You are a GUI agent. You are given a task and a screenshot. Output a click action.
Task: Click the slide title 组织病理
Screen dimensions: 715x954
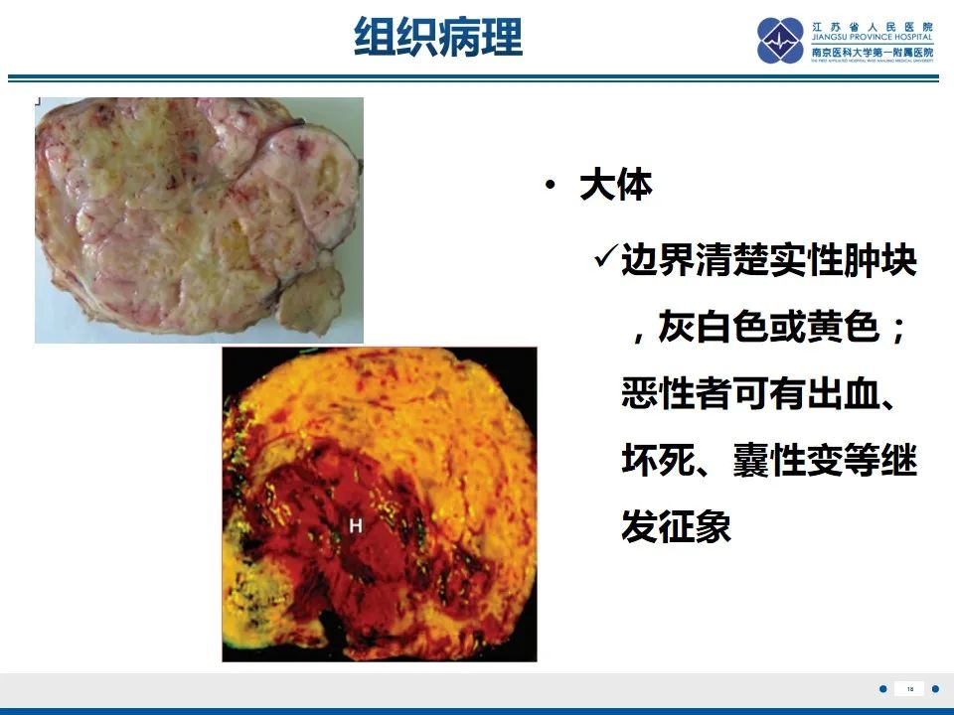point(438,38)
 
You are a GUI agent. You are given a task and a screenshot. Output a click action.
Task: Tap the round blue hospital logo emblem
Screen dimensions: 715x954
point(780,41)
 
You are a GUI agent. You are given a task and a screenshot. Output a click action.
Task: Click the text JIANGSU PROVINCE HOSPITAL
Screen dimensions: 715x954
point(872,37)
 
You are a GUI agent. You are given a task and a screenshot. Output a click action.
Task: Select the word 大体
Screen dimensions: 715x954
point(615,187)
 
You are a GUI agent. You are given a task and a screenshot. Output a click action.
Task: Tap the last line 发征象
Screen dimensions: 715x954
point(676,526)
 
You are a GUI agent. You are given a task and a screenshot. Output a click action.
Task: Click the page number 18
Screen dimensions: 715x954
point(908,688)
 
